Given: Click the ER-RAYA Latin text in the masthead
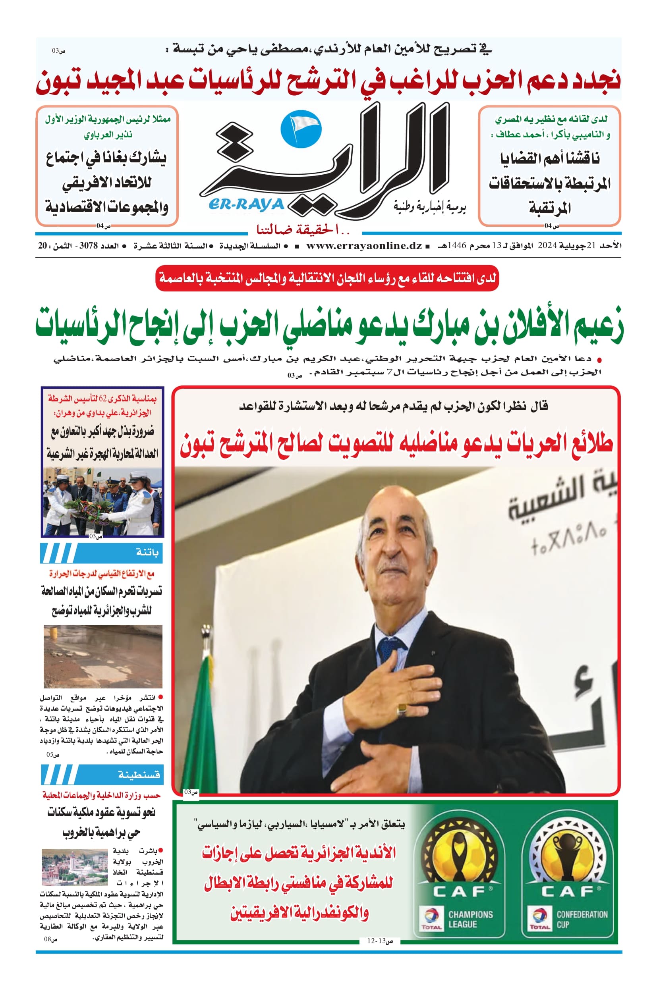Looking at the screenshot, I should coord(246,204).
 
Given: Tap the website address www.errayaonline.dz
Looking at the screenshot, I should coord(364,246).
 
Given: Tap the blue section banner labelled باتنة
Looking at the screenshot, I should coord(102,553).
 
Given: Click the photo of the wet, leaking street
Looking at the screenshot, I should coord(103,656).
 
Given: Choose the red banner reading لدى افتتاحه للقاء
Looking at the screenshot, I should coord(327,278).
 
